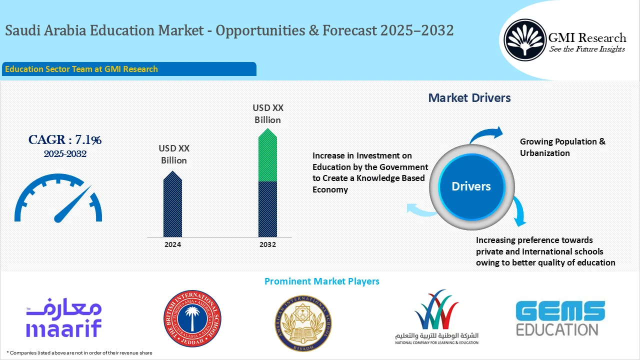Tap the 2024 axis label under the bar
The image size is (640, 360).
tap(172, 245)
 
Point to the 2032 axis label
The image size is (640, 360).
tap(267, 245)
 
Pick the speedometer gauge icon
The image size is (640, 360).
tap(58, 198)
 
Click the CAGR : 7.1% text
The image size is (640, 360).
tap(65, 140)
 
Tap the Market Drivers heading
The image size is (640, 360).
tap(469, 98)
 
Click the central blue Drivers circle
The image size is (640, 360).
tap(471, 186)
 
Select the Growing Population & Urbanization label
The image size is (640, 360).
tap(562, 147)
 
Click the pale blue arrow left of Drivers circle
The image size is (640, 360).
tap(421, 209)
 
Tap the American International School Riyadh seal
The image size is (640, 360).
tap(303, 323)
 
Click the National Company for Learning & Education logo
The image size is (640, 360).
tap(436, 317)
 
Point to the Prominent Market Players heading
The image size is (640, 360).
tap(321, 281)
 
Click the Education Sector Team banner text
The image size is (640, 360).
tap(81, 69)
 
